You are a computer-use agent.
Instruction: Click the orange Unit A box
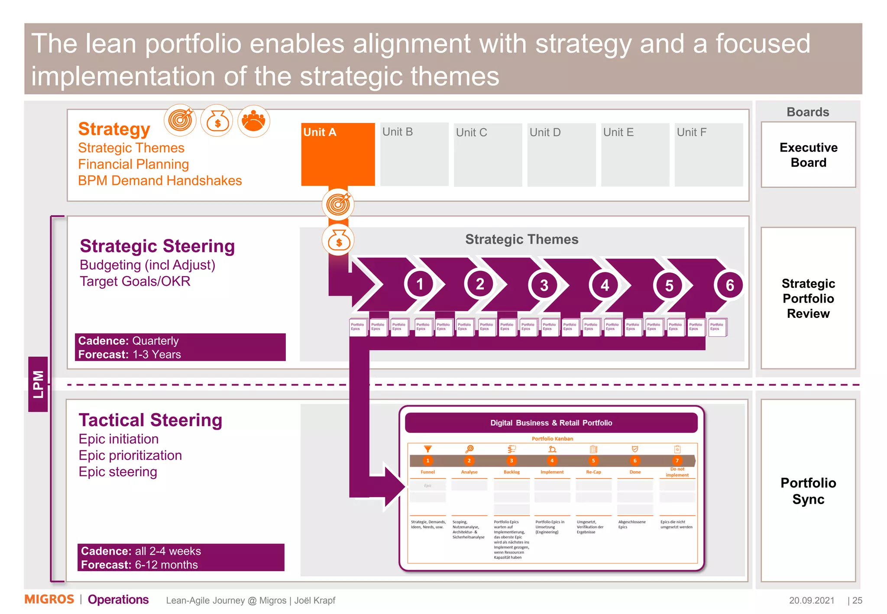(x=338, y=154)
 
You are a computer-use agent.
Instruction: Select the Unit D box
(x=561, y=155)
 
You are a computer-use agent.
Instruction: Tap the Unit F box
(x=709, y=155)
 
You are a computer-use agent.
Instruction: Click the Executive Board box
(x=808, y=155)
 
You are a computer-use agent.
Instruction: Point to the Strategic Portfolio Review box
(x=808, y=298)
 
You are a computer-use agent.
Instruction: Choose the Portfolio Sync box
(x=808, y=491)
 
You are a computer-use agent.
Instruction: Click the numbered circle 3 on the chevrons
(x=544, y=285)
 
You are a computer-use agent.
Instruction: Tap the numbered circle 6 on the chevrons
(x=729, y=285)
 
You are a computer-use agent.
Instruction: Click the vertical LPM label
(x=38, y=384)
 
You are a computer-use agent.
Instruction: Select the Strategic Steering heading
(x=157, y=246)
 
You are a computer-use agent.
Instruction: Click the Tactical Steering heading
(x=150, y=420)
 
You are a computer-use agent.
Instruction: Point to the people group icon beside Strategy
(x=253, y=121)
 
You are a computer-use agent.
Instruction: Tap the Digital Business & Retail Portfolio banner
(x=551, y=423)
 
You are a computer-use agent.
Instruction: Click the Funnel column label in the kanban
(x=427, y=472)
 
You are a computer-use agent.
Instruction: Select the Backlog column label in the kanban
(x=511, y=472)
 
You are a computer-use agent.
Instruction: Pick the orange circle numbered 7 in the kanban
(x=677, y=461)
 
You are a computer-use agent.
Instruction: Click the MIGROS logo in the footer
(x=49, y=600)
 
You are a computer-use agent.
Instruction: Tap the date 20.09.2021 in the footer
(x=811, y=601)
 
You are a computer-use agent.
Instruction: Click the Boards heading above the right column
(x=808, y=112)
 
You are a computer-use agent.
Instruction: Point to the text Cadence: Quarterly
(x=128, y=341)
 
